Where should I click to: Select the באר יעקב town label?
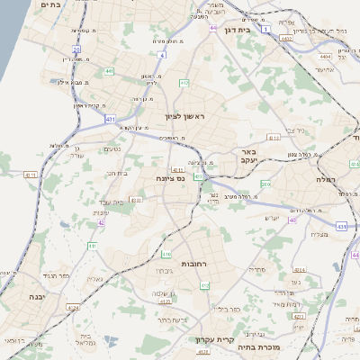coord(248,157)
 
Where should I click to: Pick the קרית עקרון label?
coord(214,340)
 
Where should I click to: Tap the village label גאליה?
coord(94,279)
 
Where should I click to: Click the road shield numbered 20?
coord(75,50)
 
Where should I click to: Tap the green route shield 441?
coord(109,70)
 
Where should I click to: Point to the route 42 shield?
coord(102,222)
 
